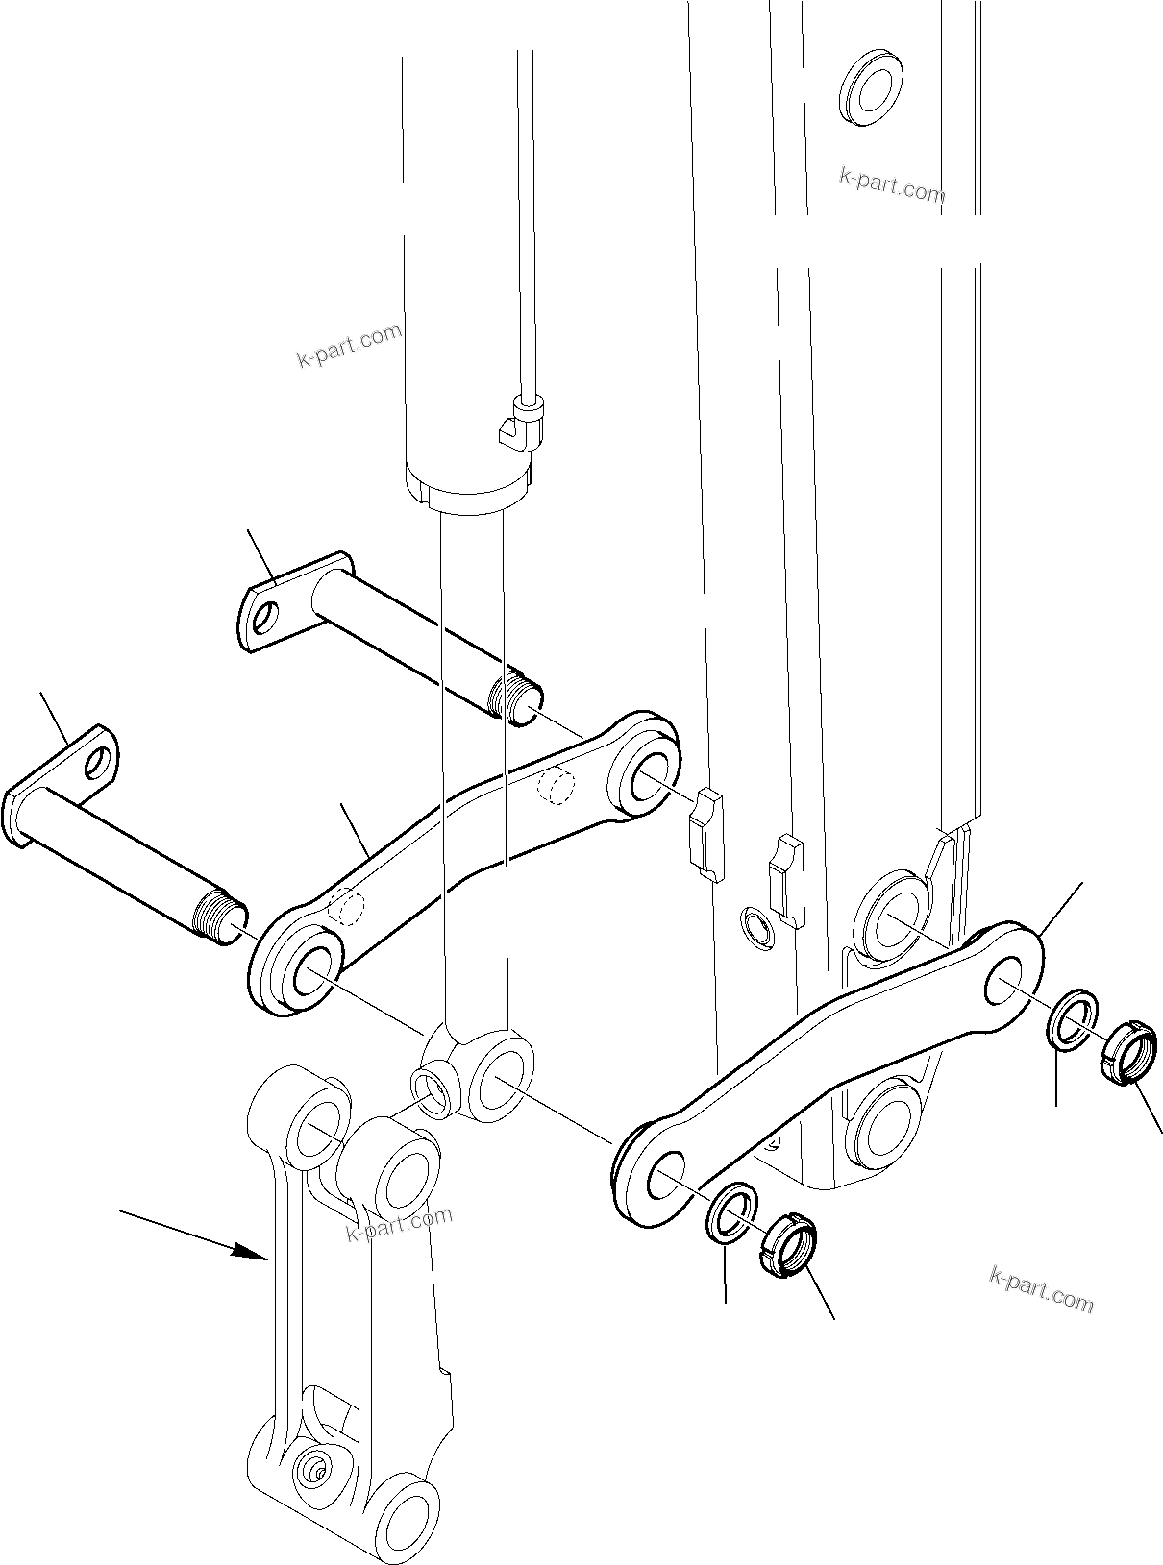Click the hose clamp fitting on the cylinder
tap(524, 423)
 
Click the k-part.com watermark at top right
tap(892, 184)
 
